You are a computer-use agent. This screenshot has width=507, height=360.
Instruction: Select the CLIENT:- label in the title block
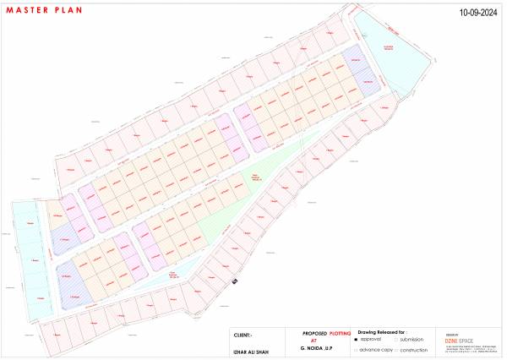(243, 334)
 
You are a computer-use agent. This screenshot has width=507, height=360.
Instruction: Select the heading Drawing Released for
(382, 333)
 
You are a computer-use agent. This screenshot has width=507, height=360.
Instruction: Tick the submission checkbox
(395, 340)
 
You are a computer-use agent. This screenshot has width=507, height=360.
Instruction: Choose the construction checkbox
(395, 350)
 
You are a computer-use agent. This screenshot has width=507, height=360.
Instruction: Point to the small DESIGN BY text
(450, 332)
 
